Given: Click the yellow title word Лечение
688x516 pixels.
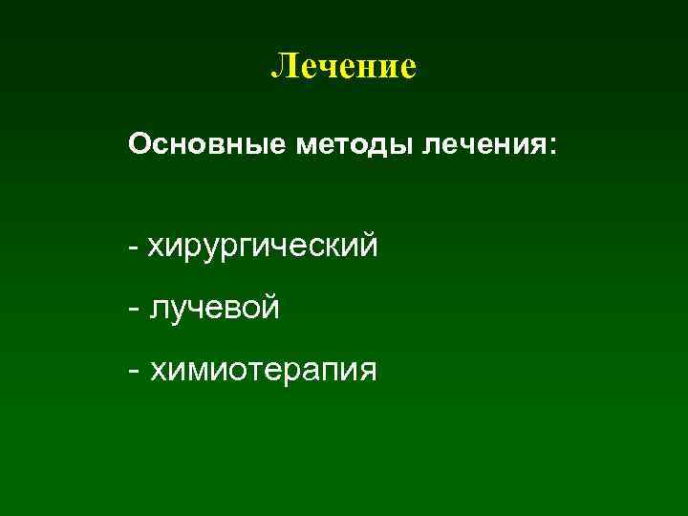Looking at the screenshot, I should [x=344, y=66].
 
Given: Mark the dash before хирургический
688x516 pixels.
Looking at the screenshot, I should [x=133, y=247].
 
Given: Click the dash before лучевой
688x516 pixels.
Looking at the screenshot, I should [x=133, y=308].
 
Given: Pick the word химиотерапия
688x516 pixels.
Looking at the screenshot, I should [x=263, y=369].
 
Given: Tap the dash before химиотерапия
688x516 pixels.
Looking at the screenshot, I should [x=133, y=369].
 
